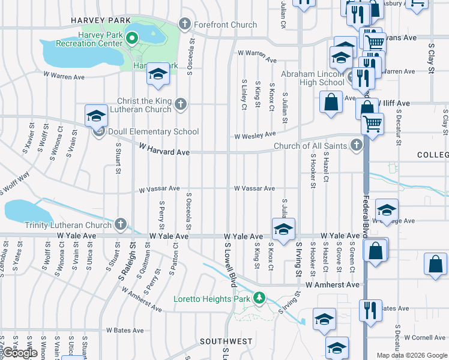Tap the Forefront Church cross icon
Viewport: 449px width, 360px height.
click(x=185, y=25)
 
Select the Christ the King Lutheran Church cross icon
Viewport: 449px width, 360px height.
click(x=179, y=106)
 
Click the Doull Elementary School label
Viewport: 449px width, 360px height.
click(x=153, y=131)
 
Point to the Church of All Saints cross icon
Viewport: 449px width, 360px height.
click(x=357, y=145)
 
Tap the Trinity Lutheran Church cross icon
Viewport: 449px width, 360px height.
click(x=121, y=225)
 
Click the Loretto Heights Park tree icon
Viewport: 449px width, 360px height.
click(x=259, y=298)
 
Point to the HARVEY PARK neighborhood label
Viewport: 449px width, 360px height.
click(x=101, y=20)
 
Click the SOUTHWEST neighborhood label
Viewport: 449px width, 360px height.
click(x=226, y=341)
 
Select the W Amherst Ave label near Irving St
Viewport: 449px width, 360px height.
click(x=332, y=285)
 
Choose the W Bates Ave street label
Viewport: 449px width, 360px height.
click(x=125, y=330)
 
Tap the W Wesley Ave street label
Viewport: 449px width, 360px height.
click(x=255, y=136)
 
